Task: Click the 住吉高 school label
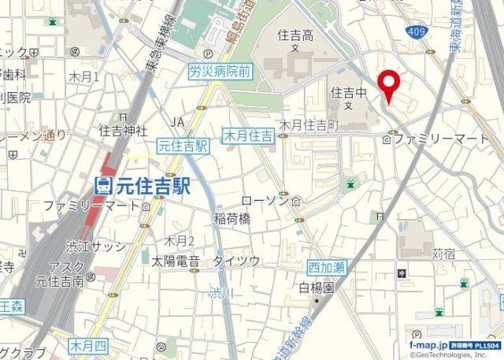[x=295, y=35]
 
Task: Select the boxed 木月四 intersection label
[x=87, y=345]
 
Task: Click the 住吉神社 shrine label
[x=124, y=129]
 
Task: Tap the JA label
[x=177, y=121]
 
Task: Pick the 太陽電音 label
[x=175, y=260]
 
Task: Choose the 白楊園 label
[x=317, y=288]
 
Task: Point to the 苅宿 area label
[x=444, y=254]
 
